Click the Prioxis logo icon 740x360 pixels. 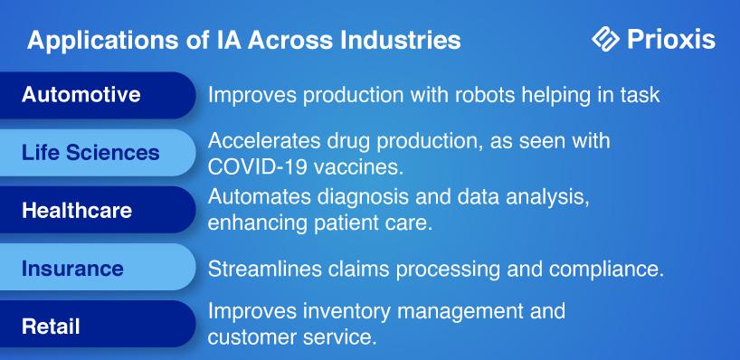(x=605, y=39)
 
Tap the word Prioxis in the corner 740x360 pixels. (x=671, y=39)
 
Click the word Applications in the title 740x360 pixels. (x=103, y=41)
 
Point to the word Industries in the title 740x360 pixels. (x=400, y=40)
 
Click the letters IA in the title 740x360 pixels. (x=226, y=40)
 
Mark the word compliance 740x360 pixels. (x=606, y=270)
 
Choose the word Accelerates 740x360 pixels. (x=262, y=141)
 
